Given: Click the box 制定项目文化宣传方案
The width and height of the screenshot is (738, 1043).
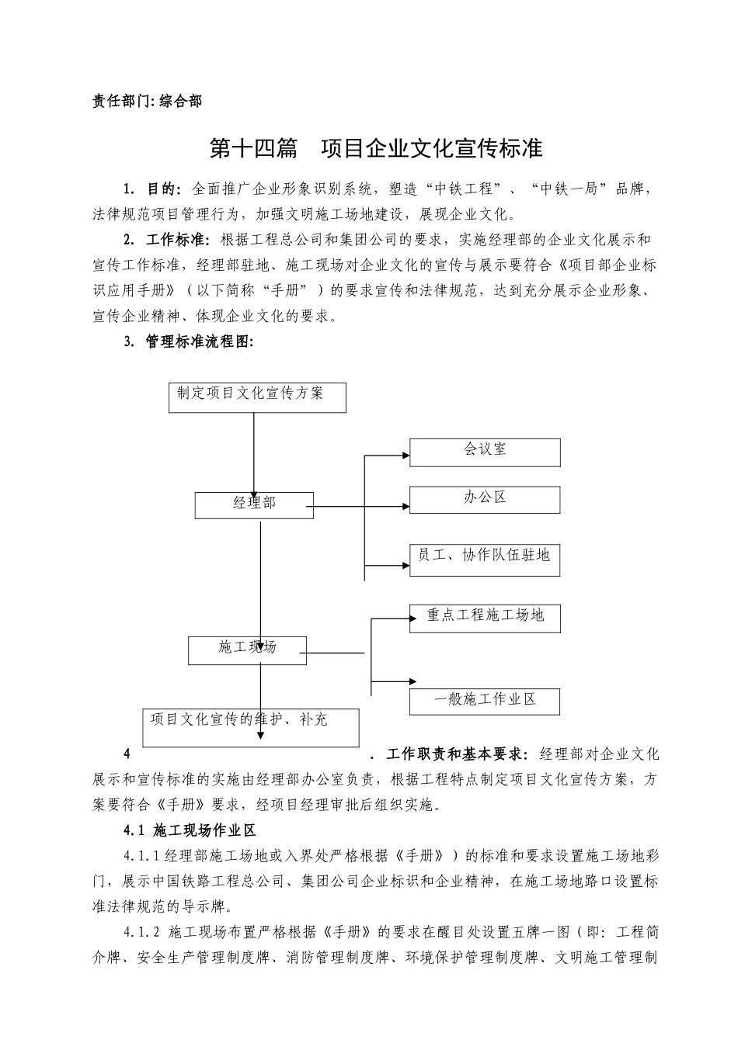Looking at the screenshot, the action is (257, 397).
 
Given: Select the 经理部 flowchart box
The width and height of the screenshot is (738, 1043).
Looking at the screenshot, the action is (254, 505).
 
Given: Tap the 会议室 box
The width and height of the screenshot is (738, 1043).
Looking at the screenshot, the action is (485, 452).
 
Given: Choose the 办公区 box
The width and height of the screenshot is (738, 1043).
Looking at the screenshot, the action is (485, 500).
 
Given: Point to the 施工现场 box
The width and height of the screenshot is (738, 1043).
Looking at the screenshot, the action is (247, 650).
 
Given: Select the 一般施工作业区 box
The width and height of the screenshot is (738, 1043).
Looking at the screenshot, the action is (485, 701).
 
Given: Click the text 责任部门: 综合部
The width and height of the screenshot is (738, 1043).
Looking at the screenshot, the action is (147, 101).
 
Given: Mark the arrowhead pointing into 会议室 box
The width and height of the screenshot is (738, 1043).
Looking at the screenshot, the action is (406, 454).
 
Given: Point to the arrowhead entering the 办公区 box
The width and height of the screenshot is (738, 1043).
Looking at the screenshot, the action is (406, 508).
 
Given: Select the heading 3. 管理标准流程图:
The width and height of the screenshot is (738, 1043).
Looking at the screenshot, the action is (189, 341).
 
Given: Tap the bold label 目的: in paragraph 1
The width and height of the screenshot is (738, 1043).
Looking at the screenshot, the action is (164, 189).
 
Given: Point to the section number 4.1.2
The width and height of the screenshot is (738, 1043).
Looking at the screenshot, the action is (141, 932).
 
